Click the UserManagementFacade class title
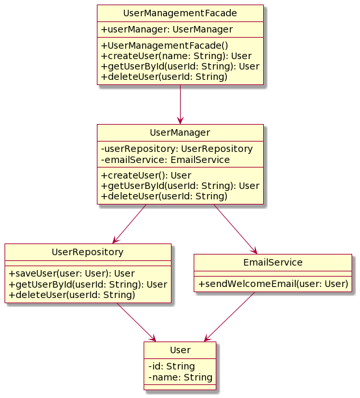click(x=180, y=13)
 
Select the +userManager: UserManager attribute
click(x=166, y=29)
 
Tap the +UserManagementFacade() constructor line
click(x=164, y=45)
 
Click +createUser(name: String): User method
click(x=176, y=56)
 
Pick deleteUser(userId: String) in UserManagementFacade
click(x=164, y=77)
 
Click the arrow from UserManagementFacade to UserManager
click(x=180, y=105)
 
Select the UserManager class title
click(x=180, y=132)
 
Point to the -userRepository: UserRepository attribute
click(x=177, y=149)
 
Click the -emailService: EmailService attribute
click(x=166, y=160)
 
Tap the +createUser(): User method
click(x=146, y=175)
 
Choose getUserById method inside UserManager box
click(x=180, y=186)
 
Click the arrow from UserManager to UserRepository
click(x=129, y=224)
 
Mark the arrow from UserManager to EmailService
click(x=235, y=229)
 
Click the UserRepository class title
click(x=88, y=252)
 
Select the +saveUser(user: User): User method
click(x=71, y=273)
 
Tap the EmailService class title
click(x=273, y=262)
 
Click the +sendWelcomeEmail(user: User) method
click(x=273, y=284)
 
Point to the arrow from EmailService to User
click(x=229, y=317)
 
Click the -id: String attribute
click(x=172, y=367)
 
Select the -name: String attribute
click(x=181, y=377)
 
